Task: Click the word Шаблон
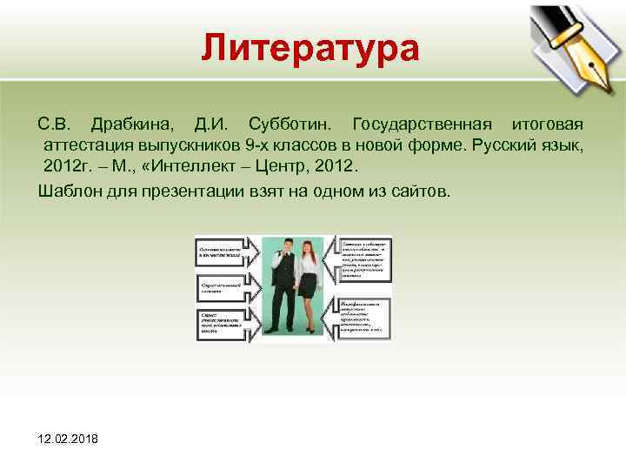(68, 191)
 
